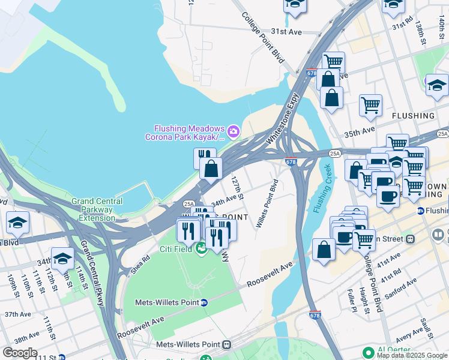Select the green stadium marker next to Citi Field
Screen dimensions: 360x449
202,248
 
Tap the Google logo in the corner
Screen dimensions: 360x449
20,353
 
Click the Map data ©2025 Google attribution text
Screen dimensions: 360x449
412,355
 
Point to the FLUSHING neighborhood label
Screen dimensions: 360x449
413,115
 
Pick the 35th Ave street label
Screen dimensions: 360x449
376,130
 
